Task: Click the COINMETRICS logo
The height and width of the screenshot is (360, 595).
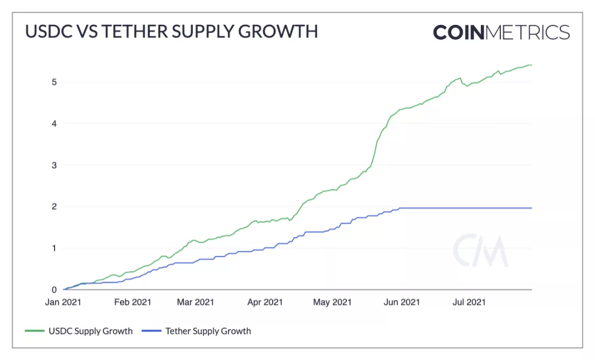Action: pyautogui.click(x=501, y=32)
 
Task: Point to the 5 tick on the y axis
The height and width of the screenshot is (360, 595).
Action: pyautogui.click(x=54, y=82)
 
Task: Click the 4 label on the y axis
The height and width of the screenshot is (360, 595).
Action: pyautogui.click(x=54, y=123)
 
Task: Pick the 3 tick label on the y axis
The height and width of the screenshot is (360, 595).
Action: pyautogui.click(x=54, y=165)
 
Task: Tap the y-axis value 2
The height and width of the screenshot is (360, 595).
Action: pyautogui.click(x=54, y=207)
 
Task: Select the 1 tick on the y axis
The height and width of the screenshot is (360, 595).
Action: pyautogui.click(x=54, y=248)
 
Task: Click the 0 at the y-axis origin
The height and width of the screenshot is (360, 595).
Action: pyautogui.click(x=54, y=289)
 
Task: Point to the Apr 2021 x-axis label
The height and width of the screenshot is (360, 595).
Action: pyautogui.click(x=265, y=302)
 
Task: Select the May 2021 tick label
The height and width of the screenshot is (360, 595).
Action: pyautogui.click(x=332, y=302)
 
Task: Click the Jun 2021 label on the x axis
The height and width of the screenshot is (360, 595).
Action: pyautogui.click(x=401, y=302)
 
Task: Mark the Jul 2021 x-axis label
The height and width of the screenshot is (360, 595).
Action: pyautogui.click(x=468, y=302)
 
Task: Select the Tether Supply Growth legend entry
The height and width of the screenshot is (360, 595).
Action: pyautogui.click(x=197, y=331)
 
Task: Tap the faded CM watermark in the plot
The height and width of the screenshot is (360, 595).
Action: pyautogui.click(x=480, y=251)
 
